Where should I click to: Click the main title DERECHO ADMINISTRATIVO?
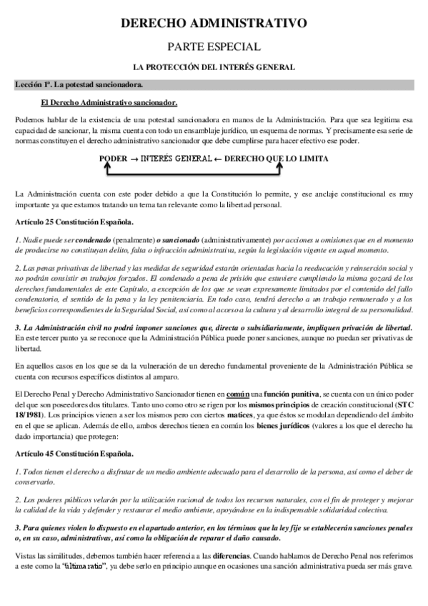tap(214, 24)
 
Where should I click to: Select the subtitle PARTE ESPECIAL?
tap(214, 47)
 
